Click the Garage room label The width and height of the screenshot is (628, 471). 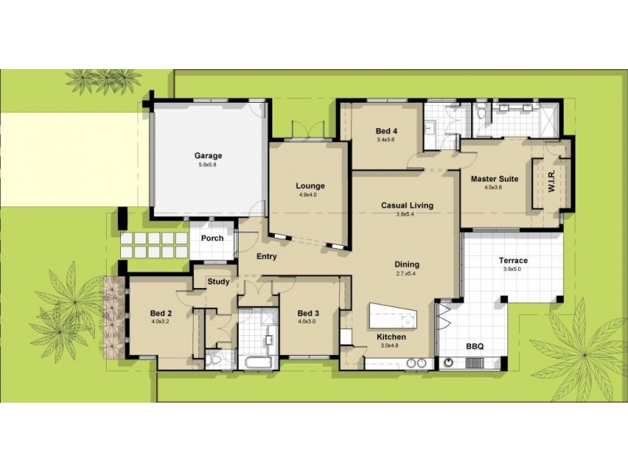209,155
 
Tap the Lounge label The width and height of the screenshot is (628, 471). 310,186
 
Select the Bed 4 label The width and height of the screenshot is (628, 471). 385,130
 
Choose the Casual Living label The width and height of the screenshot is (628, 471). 407,206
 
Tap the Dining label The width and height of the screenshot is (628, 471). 407,265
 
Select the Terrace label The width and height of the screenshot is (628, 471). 513,261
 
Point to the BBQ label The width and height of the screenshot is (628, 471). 475,345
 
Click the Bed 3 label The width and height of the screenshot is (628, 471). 308,312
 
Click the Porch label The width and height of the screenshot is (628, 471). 213,238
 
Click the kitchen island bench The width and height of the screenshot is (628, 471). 392,316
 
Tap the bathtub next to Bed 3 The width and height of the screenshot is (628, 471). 257,363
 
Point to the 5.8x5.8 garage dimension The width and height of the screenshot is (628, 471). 209,165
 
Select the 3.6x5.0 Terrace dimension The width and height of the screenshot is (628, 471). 513,269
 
